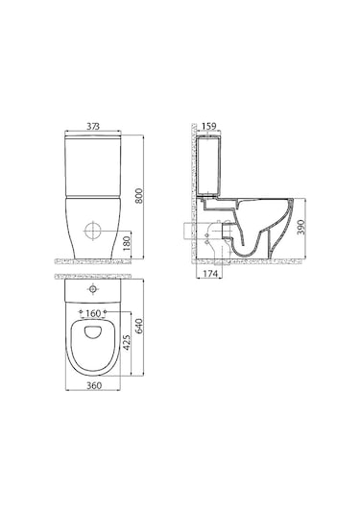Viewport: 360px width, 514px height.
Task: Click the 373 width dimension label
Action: click(93, 126)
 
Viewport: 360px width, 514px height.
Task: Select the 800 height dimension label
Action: click(139, 196)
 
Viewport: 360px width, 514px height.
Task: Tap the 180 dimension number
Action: click(127, 243)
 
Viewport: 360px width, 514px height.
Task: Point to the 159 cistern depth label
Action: click(209, 126)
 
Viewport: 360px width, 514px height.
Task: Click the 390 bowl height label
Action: click(300, 227)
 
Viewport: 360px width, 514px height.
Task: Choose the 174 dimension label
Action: click(210, 274)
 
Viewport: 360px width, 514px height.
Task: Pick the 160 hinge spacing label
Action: click(93, 314)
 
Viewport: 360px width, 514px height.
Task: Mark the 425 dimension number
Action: click(127, 343)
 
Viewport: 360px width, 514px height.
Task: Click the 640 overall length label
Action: click(139, 326)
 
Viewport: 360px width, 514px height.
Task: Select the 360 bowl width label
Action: click(94, 386)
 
